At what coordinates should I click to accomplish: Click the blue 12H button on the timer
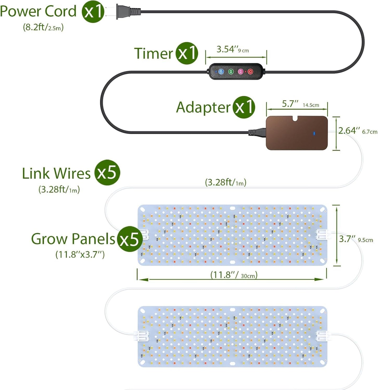coord(221,71)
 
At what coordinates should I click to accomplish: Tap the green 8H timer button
coord(231,71)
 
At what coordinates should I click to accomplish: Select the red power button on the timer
coord(250,71)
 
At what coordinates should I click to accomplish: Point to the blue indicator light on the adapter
coord(314,133)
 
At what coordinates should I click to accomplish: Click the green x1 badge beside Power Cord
coord(93,12)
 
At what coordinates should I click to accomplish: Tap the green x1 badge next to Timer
coord(187,53)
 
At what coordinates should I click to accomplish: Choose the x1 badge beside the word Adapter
coord(244,107)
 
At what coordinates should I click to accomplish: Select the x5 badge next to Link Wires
coord(107,173)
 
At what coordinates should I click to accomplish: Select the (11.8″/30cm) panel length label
coord(234,275)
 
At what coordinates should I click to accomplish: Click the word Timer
coord(153,53)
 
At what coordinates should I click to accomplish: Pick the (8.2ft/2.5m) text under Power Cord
coord(43,27)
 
